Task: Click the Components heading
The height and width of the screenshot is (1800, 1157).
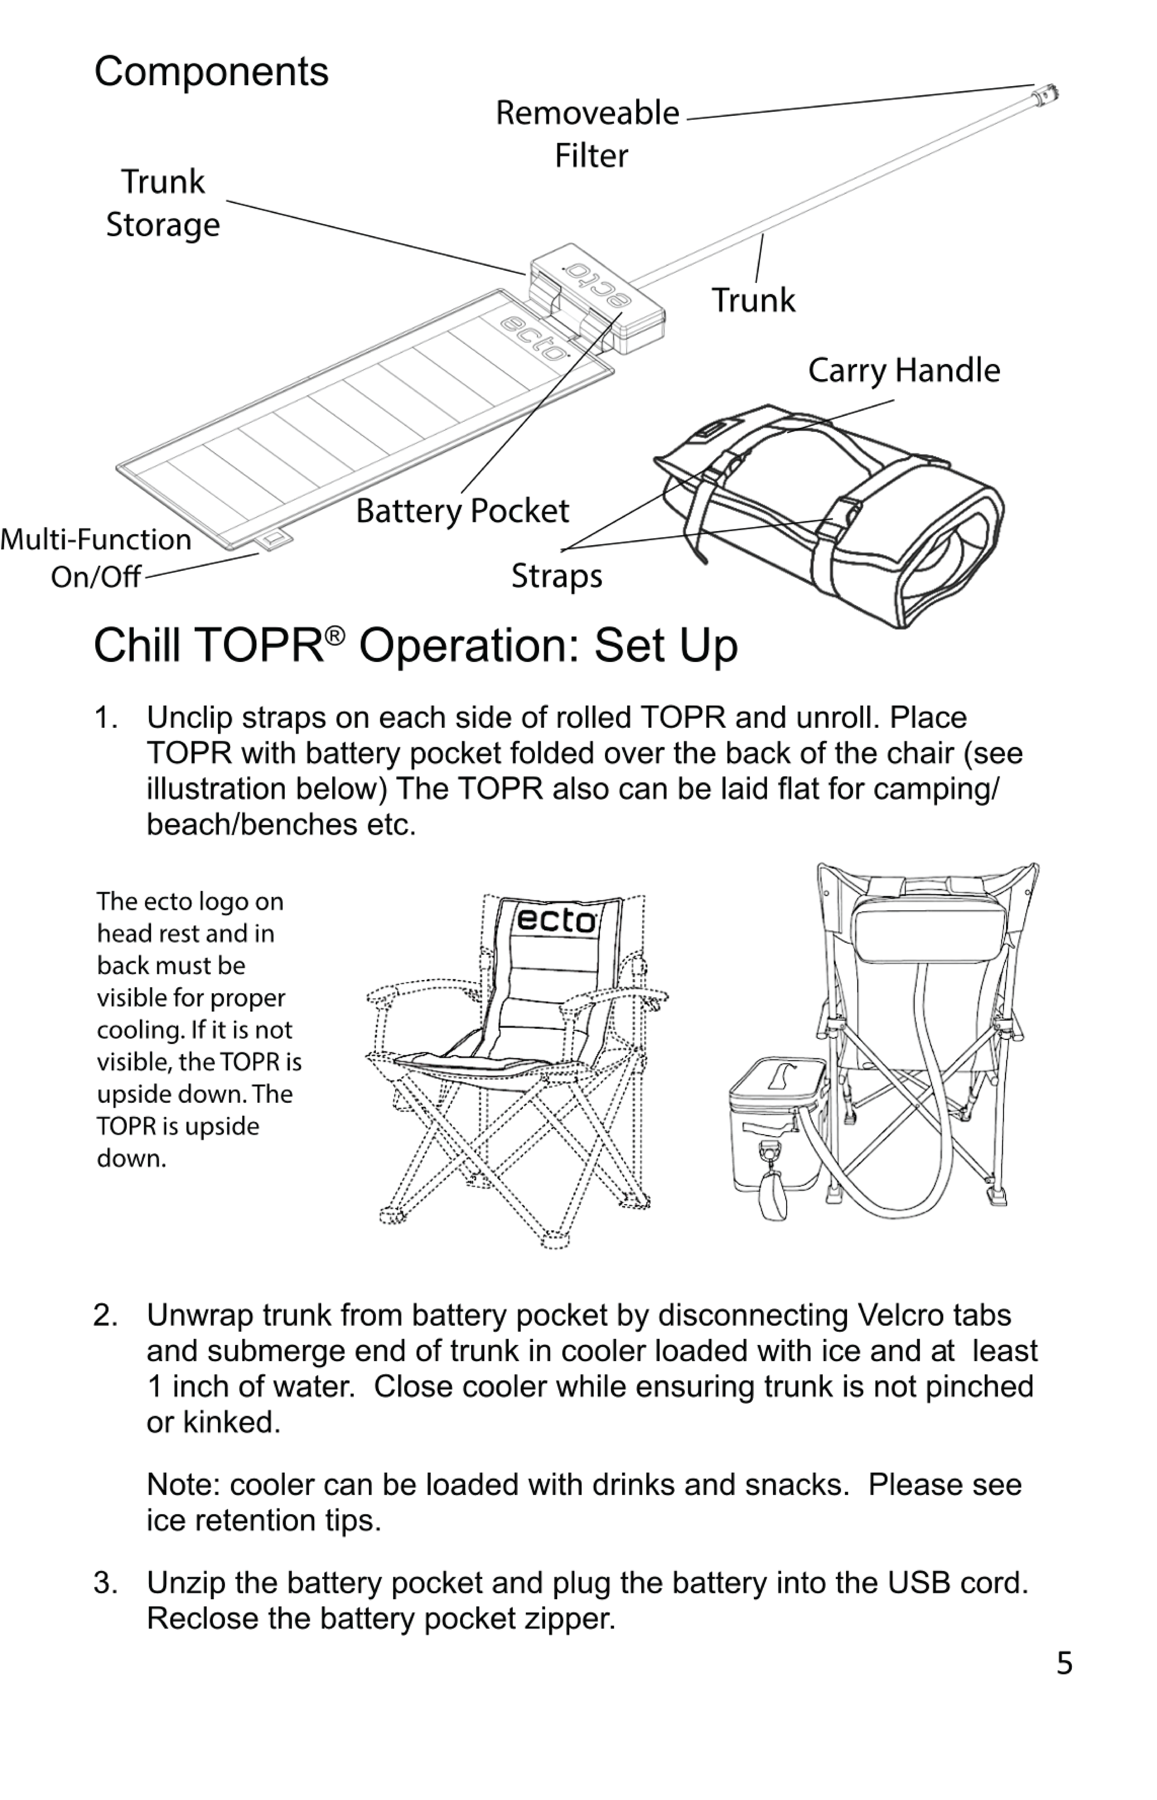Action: click(211, 72)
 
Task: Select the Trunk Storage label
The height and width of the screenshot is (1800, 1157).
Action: click(163, 203)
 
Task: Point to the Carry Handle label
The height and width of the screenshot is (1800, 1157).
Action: click(904, 370)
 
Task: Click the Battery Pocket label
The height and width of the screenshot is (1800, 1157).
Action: click(462, 511)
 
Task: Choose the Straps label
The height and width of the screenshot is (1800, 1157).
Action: click(557, 576)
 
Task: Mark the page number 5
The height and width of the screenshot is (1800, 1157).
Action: click(1064, 1663)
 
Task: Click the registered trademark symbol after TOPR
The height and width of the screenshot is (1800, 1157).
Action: click(335, 635)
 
